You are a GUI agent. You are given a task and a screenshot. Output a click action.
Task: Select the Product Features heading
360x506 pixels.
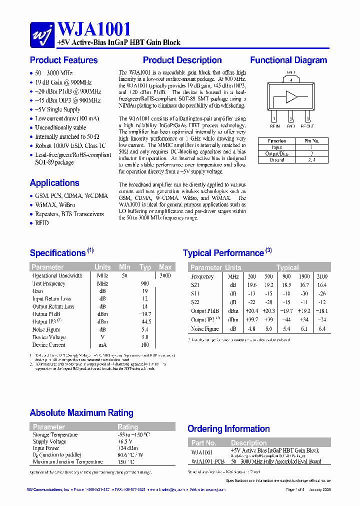63,60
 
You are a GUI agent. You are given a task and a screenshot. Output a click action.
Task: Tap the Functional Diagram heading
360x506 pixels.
288,60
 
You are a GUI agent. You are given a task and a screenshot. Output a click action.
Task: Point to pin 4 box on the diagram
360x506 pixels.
291,79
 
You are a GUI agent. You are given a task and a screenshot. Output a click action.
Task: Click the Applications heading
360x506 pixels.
54,182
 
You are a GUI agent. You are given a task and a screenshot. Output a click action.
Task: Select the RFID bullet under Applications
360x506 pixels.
42,223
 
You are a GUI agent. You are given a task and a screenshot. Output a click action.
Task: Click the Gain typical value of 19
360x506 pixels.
145,291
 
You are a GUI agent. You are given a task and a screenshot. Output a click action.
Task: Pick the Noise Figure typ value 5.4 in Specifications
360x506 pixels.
145,329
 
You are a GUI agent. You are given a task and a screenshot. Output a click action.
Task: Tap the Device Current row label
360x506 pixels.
48,345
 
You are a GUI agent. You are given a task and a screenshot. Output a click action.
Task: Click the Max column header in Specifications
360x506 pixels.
165,267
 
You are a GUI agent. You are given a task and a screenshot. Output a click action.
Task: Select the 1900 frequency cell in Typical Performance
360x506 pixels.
303,276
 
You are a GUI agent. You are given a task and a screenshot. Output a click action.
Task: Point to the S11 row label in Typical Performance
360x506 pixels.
195,293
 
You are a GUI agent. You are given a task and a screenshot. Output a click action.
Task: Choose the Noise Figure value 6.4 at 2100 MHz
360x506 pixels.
321,329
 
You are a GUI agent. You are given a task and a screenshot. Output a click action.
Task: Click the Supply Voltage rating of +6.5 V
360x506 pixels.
125,442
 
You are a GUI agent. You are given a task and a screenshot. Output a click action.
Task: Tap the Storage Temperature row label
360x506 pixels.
55,435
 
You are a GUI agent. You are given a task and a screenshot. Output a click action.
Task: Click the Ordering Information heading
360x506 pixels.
228,428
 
